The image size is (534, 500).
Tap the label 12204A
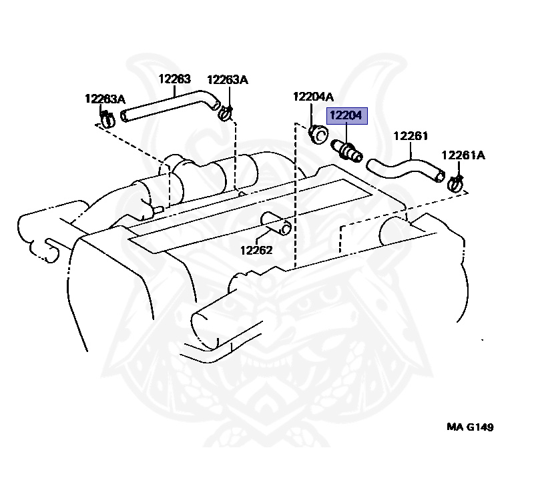[x=313, y=97]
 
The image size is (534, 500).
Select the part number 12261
[x=410, y=137]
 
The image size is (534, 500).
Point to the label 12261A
[x=463, y=156]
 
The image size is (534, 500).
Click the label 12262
[x=257, y=251]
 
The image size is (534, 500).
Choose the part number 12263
[x=175, y=79]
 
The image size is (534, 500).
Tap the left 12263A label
[x=105, y=99]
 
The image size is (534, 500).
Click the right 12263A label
[x=228, y=79]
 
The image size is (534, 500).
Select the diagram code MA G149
[x=470, y=427]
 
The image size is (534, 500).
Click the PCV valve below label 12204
[x=348, y=151]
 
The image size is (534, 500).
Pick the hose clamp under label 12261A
[x=456, y=182]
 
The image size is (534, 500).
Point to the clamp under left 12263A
[x=107, y=120]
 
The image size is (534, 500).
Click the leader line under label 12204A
[x=312, y=115]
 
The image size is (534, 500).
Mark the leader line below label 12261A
[x=460, y=169]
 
